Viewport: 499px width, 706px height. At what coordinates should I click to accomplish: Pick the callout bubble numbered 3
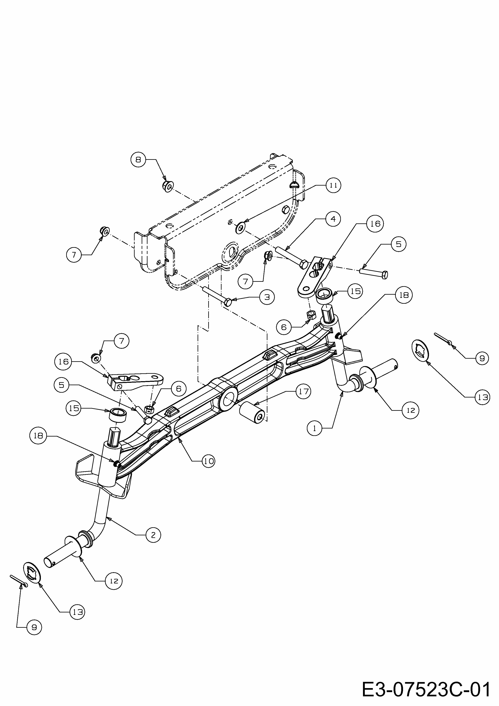267,297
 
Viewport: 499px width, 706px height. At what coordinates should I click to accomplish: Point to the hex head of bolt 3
228,302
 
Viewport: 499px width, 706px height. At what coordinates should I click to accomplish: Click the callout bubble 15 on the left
73,408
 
